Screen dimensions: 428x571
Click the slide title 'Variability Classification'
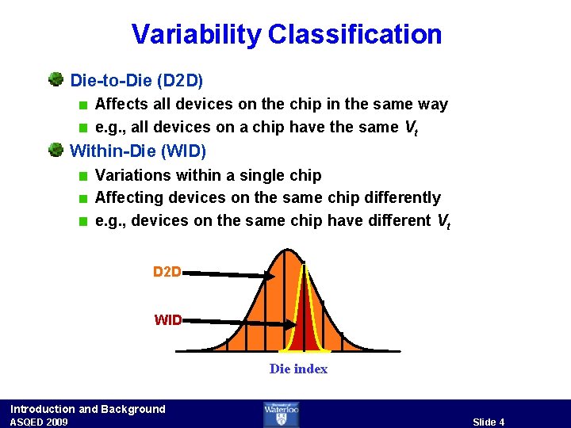point(286,34)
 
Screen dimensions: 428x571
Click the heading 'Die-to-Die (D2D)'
point(136,80)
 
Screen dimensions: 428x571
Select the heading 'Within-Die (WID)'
point(138,151)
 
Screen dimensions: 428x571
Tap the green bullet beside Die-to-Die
point(56,79)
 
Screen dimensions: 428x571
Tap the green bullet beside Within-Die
point(56,150)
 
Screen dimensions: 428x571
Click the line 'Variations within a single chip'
point(208,174)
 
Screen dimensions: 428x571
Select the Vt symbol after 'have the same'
point(410,128)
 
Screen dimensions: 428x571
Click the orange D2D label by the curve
point(167,272)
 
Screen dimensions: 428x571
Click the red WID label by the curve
point(167,320)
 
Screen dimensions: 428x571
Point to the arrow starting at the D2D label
point(230,274)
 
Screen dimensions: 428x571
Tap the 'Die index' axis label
point(298,369)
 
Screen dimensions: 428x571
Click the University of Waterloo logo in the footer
point(281,414)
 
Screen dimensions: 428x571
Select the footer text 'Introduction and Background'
point(88,409)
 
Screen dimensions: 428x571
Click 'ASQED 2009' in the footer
point(39,422)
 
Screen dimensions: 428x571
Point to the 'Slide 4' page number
point(489,422)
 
